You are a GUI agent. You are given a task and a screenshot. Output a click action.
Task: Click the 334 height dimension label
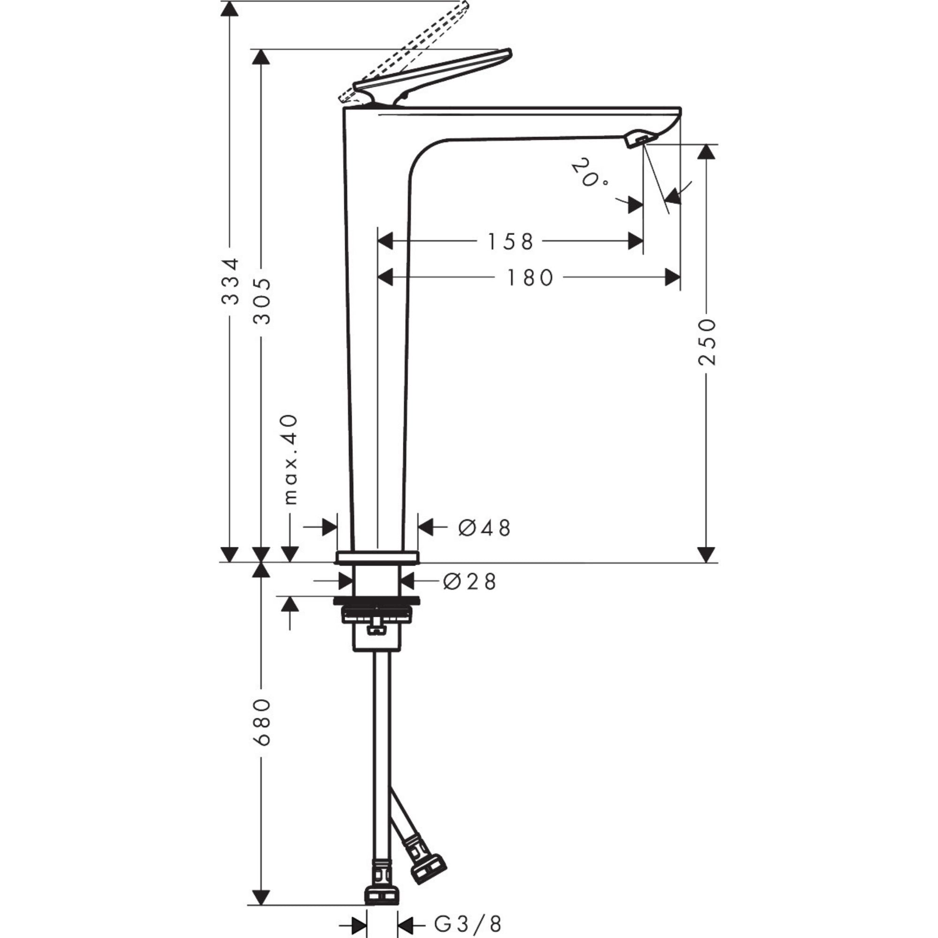tap(230, 281)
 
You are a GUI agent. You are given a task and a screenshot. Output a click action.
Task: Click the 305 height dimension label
tap(263, 301)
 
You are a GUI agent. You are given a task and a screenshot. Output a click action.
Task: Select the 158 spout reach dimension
tap(510, 241)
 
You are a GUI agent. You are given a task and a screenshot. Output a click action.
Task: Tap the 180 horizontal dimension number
tap(530, 278)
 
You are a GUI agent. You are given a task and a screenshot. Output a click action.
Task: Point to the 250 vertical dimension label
tap(707, 342)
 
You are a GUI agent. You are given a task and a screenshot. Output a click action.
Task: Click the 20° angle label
tap(589, 174)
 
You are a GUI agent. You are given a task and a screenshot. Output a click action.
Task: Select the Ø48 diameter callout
tap(484, 528)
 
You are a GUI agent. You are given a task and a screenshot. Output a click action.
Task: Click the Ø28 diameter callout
tap(469, 582)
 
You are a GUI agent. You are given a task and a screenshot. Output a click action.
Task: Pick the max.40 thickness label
tap(290, 459)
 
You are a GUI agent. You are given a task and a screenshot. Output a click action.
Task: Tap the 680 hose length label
tap(262, 721)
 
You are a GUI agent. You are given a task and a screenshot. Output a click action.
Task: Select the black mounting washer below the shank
tap(376, 602)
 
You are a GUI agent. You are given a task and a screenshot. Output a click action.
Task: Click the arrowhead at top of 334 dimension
tap(230, 9)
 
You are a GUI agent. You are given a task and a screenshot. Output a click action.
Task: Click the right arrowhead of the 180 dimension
tap(673, 278)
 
